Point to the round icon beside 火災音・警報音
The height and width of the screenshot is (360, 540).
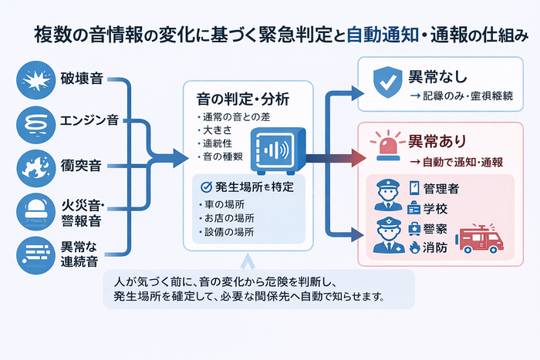34,208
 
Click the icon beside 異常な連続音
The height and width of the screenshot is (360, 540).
34,252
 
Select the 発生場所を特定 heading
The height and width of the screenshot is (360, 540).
251,187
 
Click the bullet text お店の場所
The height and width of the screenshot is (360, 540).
224,218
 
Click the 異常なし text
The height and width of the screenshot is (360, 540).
434,78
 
